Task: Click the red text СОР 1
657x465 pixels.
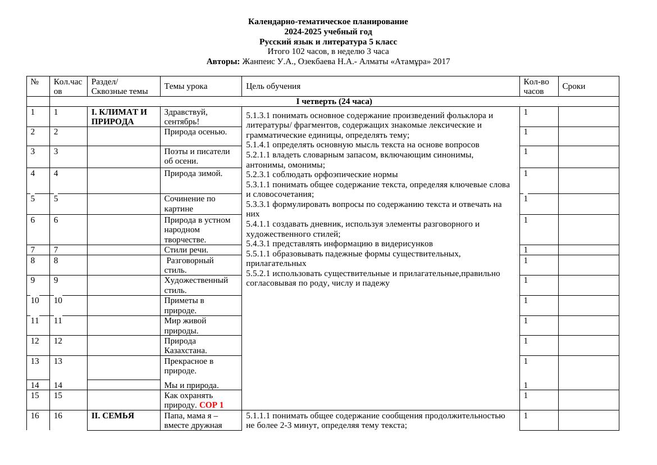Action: [211, 405]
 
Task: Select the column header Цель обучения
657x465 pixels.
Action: [273, 86]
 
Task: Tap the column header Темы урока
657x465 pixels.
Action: [185, 86]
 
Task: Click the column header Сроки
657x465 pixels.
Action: [573, 86]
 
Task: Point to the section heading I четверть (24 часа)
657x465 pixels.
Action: [334, 101]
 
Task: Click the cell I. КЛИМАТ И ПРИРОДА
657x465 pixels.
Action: [119, 116]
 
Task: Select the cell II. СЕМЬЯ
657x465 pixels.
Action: [113, 416]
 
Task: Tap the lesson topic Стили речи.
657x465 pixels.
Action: [186, 250]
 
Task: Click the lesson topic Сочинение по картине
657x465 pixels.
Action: [189, 204]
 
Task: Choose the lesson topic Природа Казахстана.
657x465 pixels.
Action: [185, 345]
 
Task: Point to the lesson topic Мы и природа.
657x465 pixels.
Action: [191, 385]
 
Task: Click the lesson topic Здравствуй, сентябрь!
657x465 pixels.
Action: [185, 116]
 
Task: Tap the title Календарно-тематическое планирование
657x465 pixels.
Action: [328, 21]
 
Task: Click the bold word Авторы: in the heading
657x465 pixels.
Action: [223, 61]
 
